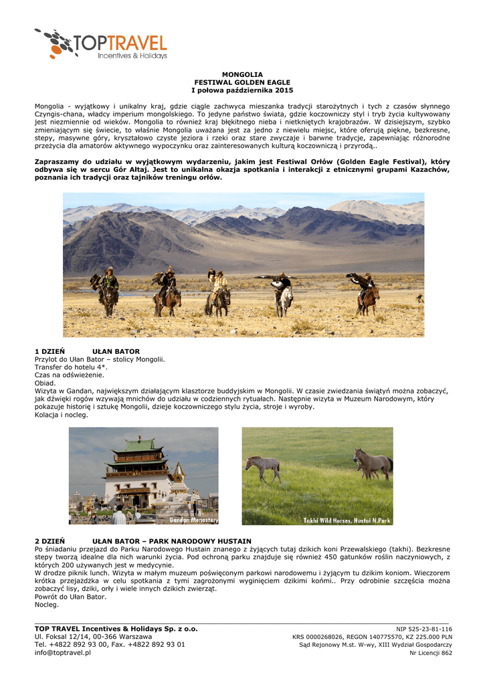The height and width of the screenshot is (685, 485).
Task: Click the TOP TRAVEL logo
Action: click(100, 44)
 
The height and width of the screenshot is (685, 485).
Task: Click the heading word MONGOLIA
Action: click(242, 74)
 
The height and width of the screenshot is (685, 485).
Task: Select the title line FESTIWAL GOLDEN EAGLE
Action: click(242, 82)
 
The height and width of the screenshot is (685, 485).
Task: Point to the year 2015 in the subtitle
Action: click(284, 90)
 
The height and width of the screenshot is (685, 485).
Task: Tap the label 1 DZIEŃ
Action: click(50, 351)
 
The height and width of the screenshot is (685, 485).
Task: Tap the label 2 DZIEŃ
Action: click(50, 541)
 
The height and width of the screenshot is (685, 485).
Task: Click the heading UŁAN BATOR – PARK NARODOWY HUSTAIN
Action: click(171, 541)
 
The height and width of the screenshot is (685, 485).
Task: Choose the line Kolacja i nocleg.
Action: click(61, 415)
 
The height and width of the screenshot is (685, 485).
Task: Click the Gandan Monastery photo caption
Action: click(193, 520)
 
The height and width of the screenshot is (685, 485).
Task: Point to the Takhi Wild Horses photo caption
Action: click(347, 520)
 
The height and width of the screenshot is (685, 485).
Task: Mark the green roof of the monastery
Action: click(140, 445)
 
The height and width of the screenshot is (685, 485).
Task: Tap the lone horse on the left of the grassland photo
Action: click(263, 466)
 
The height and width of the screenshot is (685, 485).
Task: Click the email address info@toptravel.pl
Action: click(62, 652)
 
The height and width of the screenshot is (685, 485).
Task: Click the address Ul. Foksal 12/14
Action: click(66, 636)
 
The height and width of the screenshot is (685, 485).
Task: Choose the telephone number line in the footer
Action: click(110, 644)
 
